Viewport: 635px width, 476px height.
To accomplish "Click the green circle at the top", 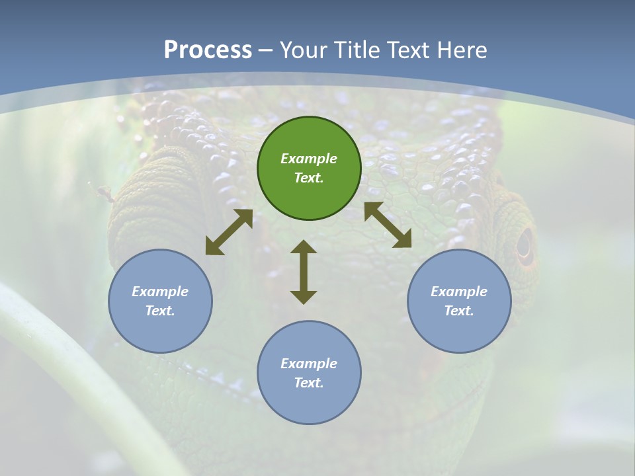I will click(x=309, y=169).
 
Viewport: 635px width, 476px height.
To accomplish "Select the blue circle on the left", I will click(x=160, y=301).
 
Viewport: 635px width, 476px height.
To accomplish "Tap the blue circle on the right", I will click(x=459, y=301).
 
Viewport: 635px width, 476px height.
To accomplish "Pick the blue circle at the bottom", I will click(x=309, y=373).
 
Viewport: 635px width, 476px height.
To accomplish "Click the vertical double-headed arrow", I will click(x=304, y=272).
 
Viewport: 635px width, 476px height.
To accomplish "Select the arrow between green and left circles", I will click(x=229, y=232).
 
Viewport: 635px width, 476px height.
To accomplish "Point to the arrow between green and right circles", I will click(x=388, y=225).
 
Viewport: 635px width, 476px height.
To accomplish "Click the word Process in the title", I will click(x=208, y=50).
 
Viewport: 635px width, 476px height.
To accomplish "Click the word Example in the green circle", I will click(x=309, y=159).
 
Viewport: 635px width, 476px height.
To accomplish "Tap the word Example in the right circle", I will click(x=459, y=292).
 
